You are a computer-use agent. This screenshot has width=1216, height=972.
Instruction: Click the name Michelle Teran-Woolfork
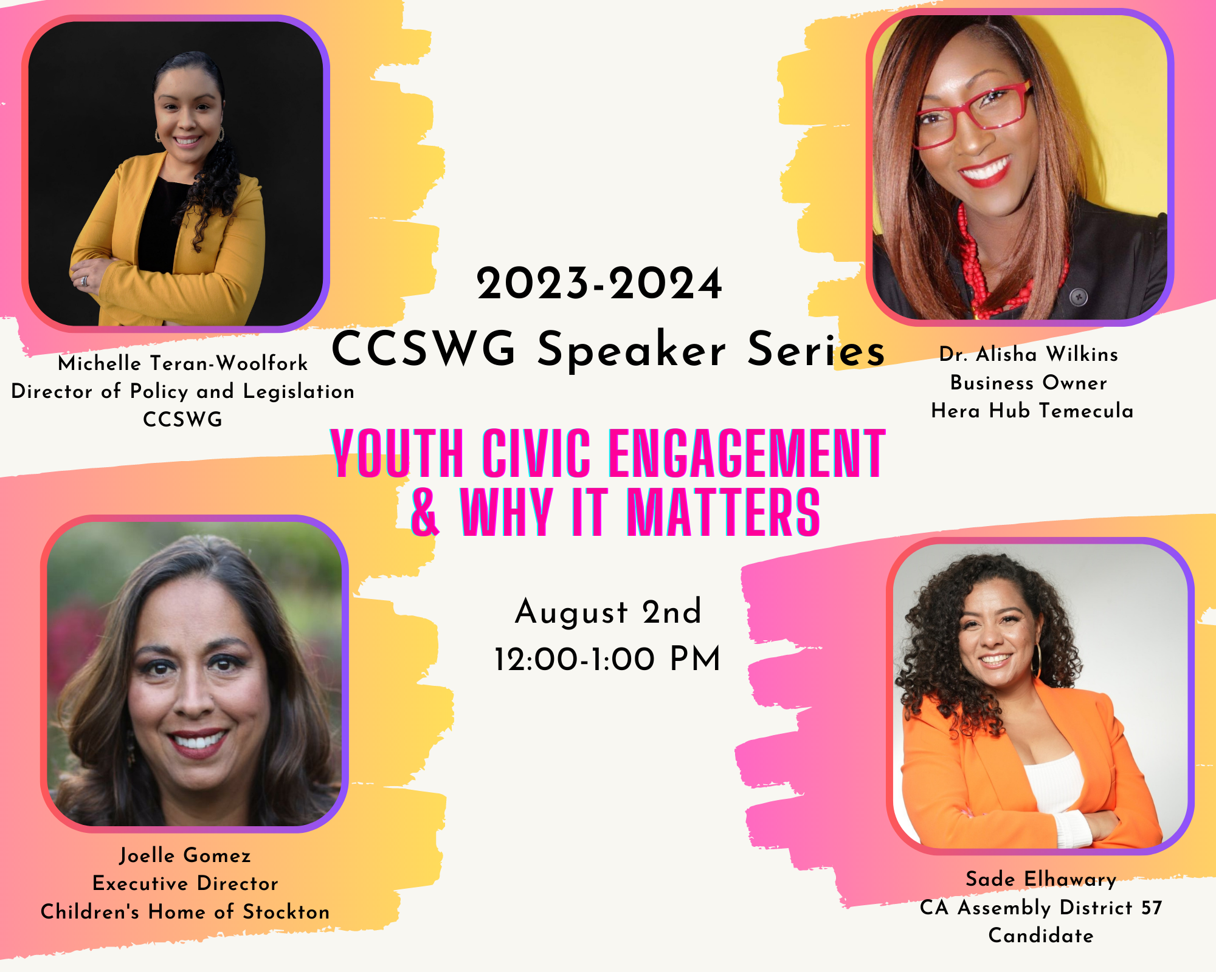coord(183,363)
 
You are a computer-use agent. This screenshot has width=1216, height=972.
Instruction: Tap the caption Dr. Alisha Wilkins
coord(1029,354)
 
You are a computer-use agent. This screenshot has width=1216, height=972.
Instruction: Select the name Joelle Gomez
coord(185,855)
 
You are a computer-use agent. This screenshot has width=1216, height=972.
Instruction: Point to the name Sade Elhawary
coord(1041,880)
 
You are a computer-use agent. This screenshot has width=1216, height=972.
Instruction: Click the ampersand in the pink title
coord(425,512)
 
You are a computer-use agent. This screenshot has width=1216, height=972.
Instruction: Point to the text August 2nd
coord(608,612)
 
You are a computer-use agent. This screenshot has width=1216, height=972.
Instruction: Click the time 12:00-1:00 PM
coord(607,659)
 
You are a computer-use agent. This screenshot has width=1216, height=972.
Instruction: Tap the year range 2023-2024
coord(599,284)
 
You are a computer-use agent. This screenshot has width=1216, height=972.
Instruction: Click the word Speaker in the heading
coord(632,351)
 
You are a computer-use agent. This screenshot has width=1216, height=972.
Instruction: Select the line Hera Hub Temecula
coord(1032,411)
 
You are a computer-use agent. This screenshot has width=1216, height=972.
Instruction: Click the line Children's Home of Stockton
coord(185,912)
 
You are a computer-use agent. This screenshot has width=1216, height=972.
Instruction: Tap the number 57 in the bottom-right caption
coord(1152,908)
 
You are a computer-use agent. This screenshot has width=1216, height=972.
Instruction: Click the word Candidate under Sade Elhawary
coord(1041,936)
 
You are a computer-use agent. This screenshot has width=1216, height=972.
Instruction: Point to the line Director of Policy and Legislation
coord(183,392)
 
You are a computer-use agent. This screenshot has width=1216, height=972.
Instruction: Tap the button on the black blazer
coord(1079,297)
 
